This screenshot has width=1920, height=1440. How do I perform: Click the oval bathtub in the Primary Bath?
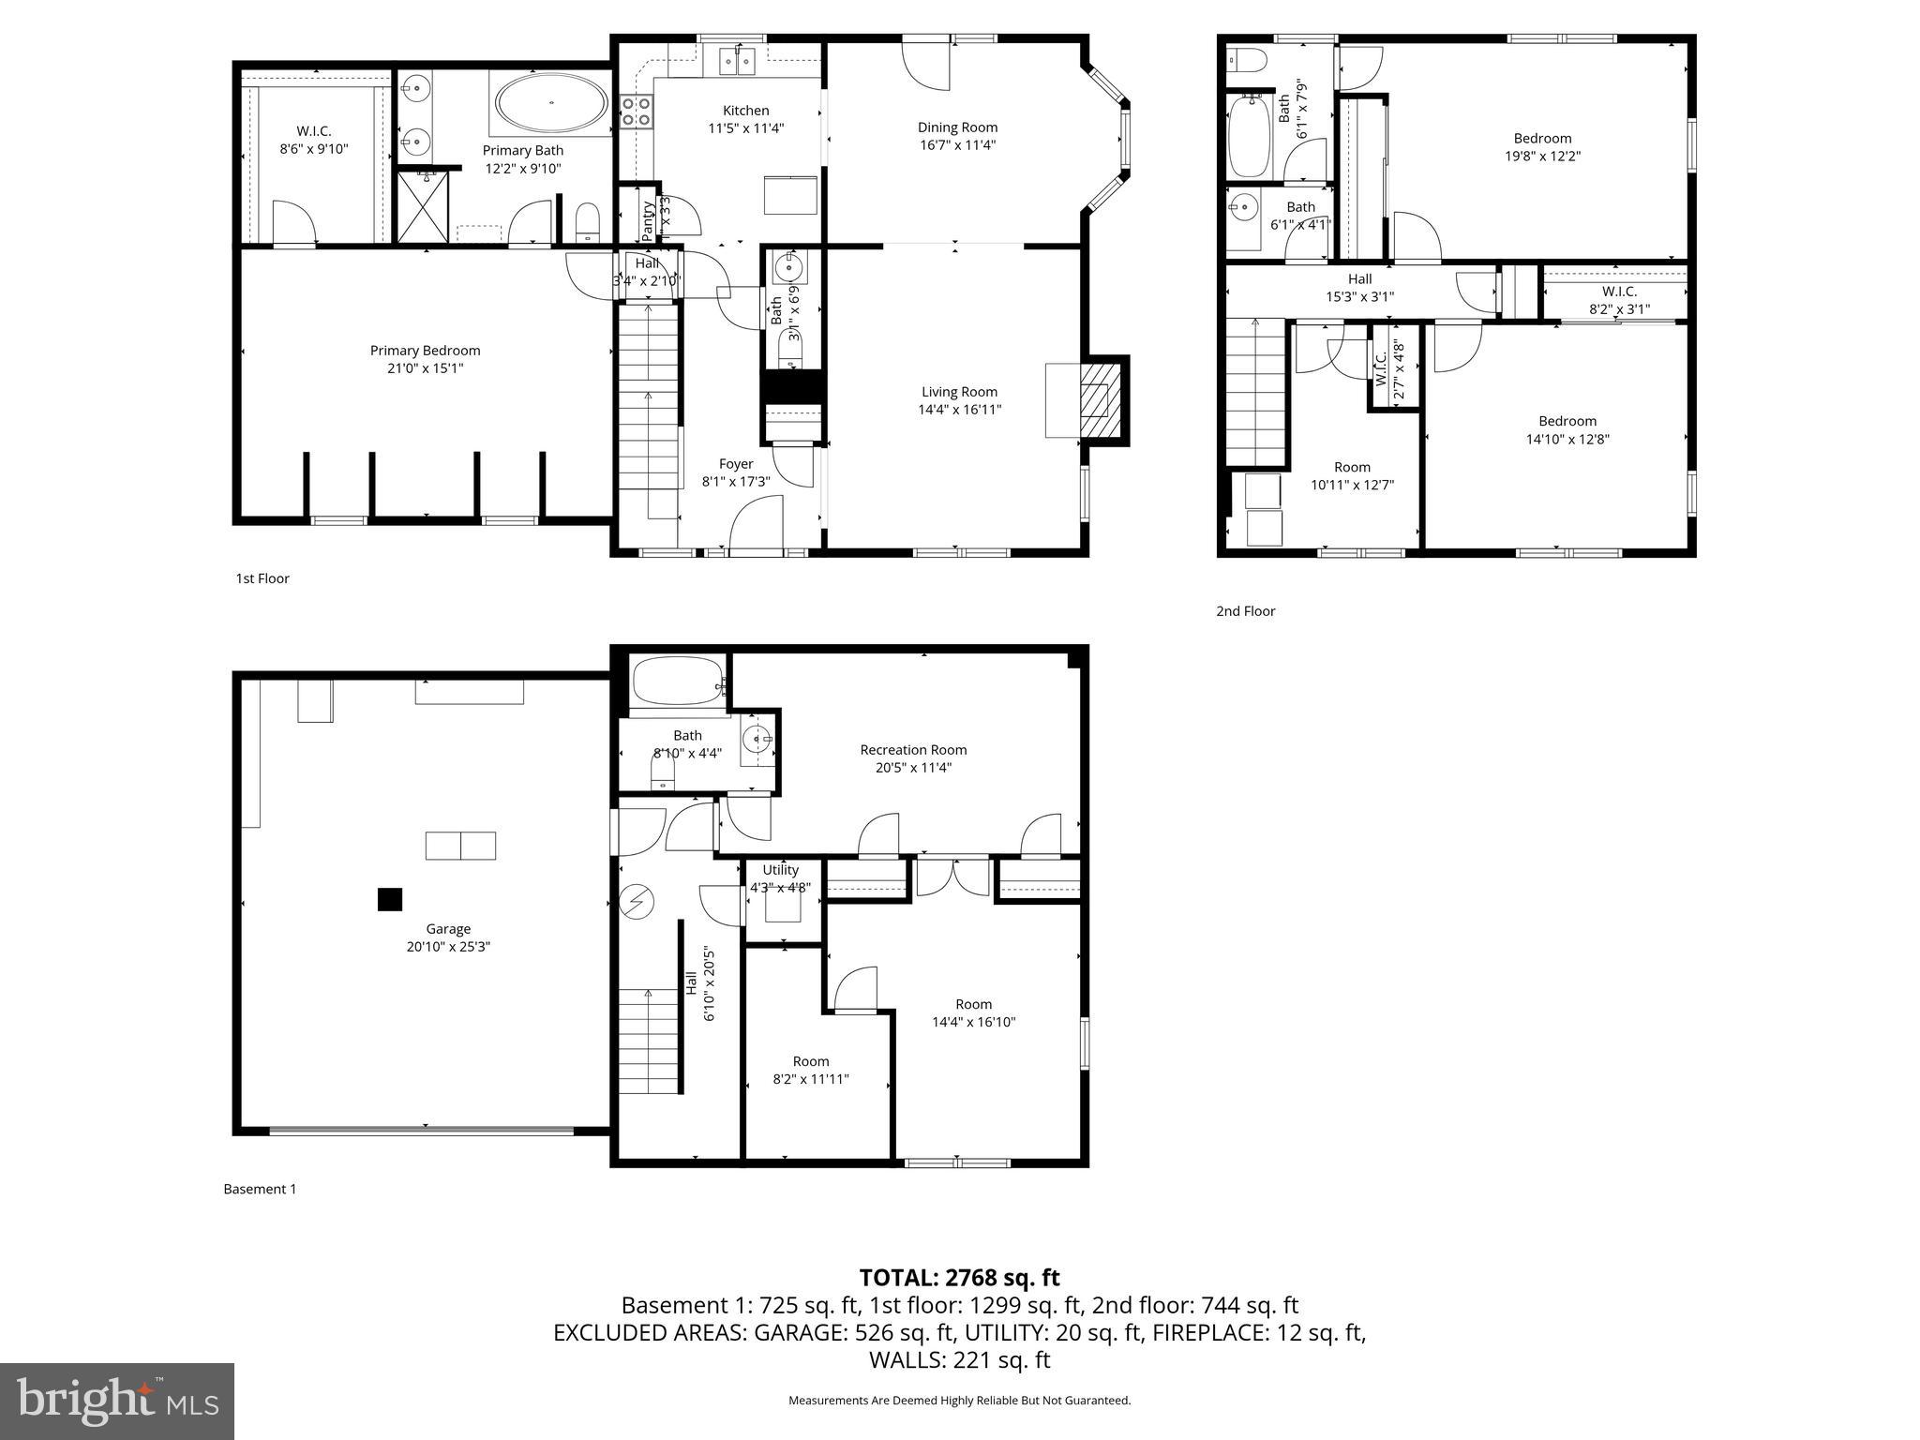coord(550,103)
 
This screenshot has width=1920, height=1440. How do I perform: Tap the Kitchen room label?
coord(745,111)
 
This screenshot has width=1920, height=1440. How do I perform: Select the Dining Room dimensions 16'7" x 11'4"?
coord(957,145)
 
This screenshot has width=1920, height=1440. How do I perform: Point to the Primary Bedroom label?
coord(425,351)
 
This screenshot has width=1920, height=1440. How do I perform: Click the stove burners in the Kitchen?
coord(637,112)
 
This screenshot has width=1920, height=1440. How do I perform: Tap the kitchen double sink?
coord(737,62)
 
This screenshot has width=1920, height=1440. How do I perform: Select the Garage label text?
coord(448,929)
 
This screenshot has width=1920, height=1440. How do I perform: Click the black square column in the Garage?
coord(390,900)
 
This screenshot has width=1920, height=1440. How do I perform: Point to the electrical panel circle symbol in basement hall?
coord(637,902)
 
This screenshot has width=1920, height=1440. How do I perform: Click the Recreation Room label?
coord(913,750)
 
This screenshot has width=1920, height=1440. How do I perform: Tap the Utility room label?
coord(780,870)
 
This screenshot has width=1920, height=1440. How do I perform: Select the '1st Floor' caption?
coord(262,578)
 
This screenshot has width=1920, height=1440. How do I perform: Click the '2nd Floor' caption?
coord(1245,611)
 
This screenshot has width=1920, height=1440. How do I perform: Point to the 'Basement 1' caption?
coord(260,1189)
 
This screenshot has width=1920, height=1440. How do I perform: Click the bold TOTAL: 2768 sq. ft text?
coord(959,1278)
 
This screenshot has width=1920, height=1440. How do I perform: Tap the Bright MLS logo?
coord(116,1402)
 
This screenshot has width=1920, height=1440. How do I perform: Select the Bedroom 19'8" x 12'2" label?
coord(1542,139)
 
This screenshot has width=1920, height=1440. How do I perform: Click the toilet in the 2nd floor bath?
coord(1246,61)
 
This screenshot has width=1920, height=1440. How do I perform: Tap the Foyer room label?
coord(736,464)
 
